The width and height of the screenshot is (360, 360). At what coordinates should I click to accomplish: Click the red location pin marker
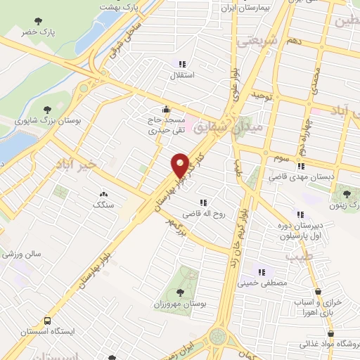pyautogui.click(x=181, y=165)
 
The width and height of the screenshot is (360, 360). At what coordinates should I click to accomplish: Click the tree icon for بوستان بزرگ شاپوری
pyautogui.click(x=47, y=109)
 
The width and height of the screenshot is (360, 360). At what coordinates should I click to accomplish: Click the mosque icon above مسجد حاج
pyautogui.click(x=166, y=109)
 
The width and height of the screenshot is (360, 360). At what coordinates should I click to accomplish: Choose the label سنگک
pyautogui.click(x=102, y=204)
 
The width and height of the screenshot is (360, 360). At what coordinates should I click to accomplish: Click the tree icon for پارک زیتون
pyautogui.click(x=345, y=194)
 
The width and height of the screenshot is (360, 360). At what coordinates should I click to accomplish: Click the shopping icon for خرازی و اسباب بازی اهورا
pyautogui.click(x=318, y=291)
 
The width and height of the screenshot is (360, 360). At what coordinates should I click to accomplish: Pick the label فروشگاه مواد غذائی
pyautogui.click(x=330, y=345)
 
